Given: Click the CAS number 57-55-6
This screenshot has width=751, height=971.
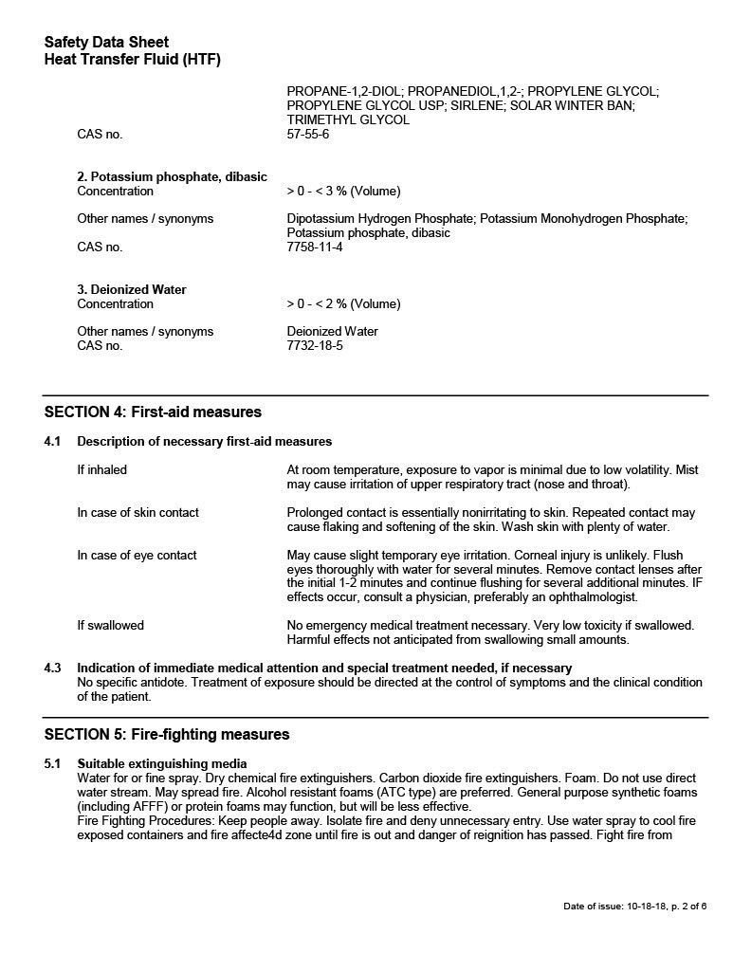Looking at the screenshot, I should point(308,135).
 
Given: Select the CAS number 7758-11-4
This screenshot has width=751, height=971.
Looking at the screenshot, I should point(315,247).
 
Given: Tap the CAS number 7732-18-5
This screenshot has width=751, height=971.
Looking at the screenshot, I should point(315,346).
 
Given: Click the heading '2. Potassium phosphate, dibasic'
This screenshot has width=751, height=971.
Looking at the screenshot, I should point(172,177).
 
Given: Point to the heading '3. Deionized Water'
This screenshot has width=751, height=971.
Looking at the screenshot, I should point(132,290).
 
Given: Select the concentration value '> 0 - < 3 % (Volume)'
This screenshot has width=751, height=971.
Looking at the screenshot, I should point(343,192).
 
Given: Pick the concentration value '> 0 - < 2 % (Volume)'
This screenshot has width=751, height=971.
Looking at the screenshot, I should point(343,304).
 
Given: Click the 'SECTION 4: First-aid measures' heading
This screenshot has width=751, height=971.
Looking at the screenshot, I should point(153,412).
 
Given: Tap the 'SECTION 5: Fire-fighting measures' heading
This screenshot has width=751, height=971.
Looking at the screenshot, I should point(167,735).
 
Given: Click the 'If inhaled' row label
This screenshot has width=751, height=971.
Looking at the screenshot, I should point(101,470).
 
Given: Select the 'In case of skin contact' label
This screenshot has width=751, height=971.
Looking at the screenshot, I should point(137,513).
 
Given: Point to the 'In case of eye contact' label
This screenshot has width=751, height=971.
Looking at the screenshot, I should point(137,556).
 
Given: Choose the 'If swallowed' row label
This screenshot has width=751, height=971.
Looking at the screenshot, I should point(110,626).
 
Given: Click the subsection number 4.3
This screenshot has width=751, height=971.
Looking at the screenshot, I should point(52,669).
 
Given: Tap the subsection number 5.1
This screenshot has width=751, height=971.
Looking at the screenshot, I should point(52,764).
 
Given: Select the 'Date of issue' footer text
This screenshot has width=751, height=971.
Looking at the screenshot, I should point(634,907).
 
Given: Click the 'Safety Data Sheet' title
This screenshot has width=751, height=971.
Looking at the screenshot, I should point(106,43).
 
